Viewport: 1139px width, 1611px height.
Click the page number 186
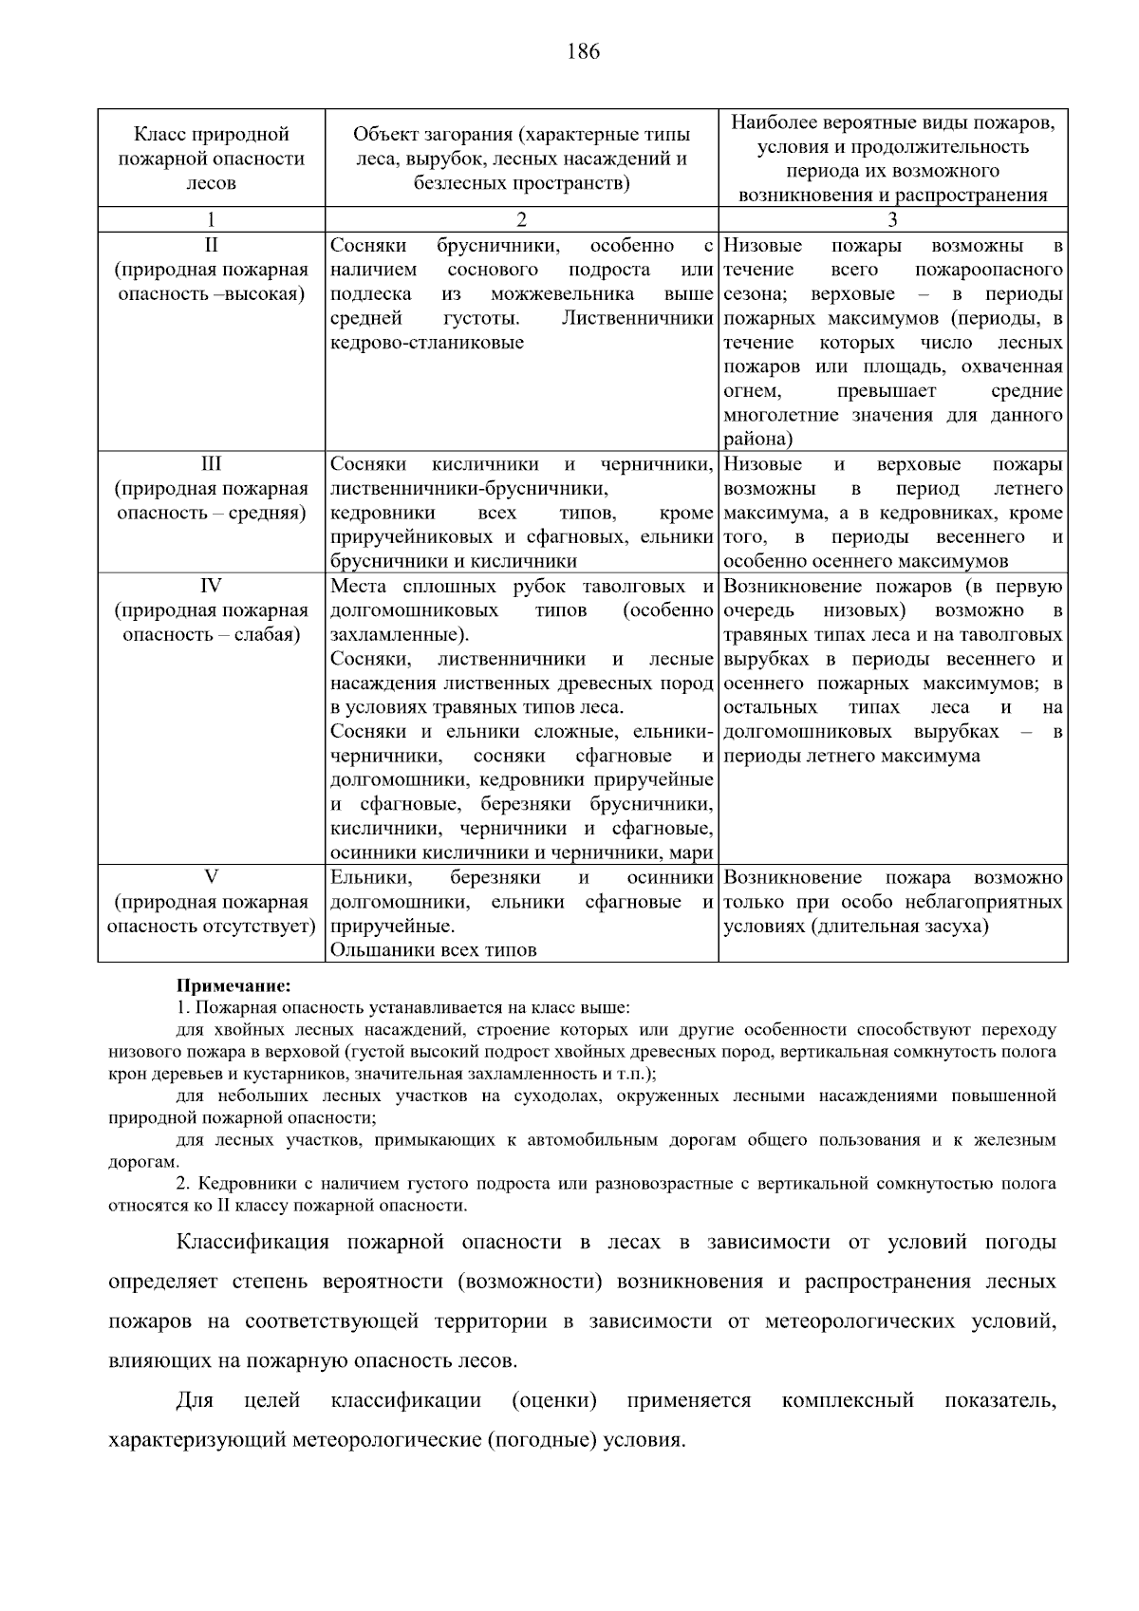click(584, 52)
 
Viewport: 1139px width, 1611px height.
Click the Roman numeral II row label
click(212, 246)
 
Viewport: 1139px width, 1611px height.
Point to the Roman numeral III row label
click(212, 464)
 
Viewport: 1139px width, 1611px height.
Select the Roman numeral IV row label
click(212, 586)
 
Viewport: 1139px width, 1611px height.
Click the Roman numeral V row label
click(212, 877)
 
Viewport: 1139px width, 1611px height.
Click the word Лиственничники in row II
click(637, 319)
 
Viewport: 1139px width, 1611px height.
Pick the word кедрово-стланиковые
click(427, 343)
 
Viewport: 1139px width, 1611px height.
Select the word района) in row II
click(757, 440)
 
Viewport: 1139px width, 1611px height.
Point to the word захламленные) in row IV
click(400, 635)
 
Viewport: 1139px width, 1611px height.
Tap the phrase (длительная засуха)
click(900, 927)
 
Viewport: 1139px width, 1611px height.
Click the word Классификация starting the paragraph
click(252, 1243)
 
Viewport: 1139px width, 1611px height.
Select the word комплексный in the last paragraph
click(848, 1400)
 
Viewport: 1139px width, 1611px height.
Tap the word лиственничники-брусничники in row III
click(468, 489)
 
